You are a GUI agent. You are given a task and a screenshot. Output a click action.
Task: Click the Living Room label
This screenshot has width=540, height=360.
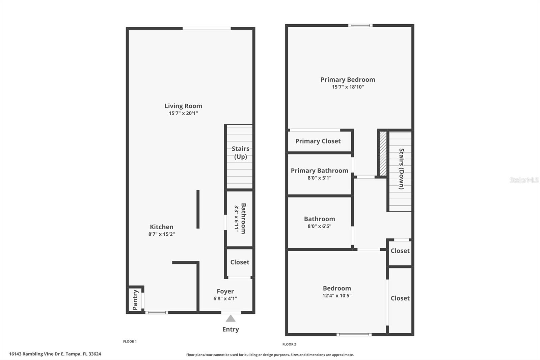[183, 106]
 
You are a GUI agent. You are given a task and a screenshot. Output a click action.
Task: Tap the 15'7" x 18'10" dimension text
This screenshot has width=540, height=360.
[348, 87]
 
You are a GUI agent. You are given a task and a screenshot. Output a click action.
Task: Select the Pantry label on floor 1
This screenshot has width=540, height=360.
[135, 300]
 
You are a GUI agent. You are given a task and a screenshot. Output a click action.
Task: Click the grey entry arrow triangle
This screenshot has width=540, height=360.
[231, 318]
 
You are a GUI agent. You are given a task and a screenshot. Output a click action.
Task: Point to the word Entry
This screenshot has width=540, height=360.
[231, 329]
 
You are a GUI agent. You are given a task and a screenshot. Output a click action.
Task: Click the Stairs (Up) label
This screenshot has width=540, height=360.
[240, 153]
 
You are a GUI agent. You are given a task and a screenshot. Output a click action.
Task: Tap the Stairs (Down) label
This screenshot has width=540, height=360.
[401, 169]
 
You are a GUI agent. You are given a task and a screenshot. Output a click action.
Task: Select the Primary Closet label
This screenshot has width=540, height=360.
[318, 141]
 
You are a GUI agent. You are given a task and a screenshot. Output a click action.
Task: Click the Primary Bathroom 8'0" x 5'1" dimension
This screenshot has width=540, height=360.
[319, 178]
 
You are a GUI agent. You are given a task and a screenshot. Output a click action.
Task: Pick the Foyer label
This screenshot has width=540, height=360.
[225, 291]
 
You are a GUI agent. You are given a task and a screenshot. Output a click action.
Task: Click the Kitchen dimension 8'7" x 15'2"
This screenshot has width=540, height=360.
[161, 234]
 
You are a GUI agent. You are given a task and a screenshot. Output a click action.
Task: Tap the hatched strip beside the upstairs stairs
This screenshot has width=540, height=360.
[383, 154]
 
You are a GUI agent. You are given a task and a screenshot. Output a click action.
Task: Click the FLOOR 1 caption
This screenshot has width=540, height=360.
[130, 341]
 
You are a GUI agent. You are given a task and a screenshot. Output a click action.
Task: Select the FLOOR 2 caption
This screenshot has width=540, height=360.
[289, 344]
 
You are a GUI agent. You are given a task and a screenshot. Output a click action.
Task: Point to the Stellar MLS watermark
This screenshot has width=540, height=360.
[524, 180]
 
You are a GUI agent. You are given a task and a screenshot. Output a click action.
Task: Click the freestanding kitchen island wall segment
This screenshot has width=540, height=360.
[198, 209]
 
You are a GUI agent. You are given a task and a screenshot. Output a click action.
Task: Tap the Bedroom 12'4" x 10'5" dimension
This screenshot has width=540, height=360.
[337, 295]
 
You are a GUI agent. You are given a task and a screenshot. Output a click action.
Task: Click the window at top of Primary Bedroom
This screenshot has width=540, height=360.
[360, 25]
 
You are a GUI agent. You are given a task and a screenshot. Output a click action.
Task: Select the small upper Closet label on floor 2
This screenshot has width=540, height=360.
[400, 251]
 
